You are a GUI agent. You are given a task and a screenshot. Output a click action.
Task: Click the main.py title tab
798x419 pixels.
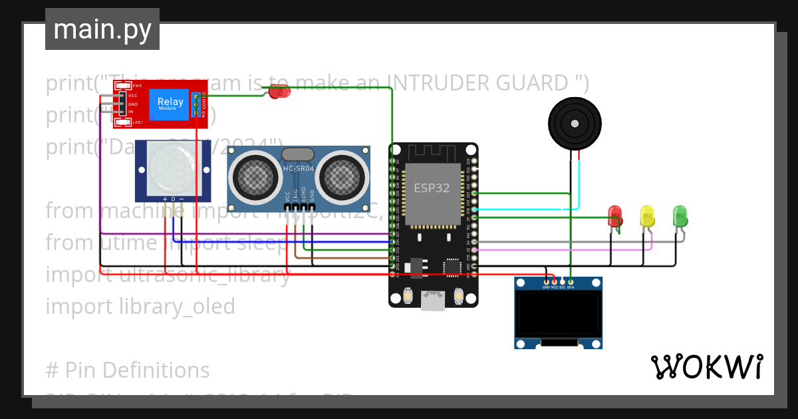tap(102, 29)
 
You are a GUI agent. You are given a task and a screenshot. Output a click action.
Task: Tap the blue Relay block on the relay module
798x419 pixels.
tap(170, 103)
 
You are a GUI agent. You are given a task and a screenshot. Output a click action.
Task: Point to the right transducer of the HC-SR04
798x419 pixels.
tap(342, 177)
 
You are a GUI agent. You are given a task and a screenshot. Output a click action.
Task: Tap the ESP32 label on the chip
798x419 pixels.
tap(432, 188)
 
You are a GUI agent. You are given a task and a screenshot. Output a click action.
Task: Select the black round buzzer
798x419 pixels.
tap(574, 123)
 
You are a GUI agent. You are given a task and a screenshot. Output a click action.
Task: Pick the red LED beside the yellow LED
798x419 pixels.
tap(615, 215)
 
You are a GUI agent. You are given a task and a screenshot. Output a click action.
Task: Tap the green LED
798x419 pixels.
tap(680, 215)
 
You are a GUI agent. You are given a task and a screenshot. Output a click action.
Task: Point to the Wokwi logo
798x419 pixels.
tap(706, 366)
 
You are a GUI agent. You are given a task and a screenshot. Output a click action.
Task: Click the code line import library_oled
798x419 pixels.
tap(140, 306)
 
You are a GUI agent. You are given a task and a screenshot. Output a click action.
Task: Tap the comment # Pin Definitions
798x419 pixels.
tap(128, 370)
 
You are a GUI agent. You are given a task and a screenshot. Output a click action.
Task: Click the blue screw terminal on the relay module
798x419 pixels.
tap(197, 105)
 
